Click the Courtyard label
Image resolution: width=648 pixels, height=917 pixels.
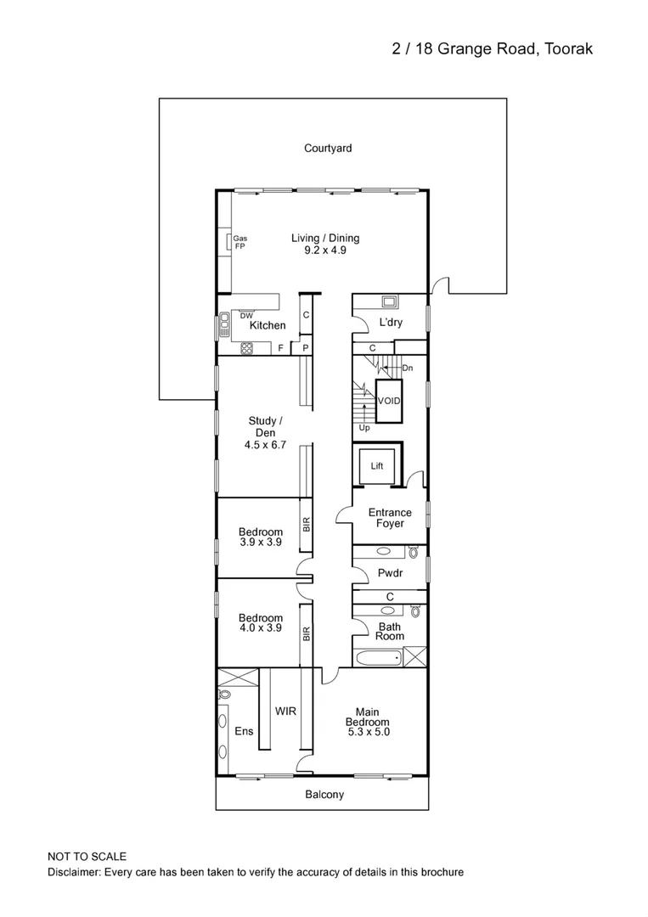328,149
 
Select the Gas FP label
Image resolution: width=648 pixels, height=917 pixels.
239,242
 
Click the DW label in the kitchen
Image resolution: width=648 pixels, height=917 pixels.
246,316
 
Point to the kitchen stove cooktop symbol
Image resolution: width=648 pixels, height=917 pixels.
246,346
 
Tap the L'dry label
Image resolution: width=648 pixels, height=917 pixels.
391,323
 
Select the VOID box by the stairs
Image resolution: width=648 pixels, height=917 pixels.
389,400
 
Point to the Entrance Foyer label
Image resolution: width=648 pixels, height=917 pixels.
390,518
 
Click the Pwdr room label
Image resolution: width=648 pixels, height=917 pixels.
390,574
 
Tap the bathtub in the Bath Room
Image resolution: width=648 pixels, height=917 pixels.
377,658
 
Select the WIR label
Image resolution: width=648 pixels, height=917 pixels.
285,712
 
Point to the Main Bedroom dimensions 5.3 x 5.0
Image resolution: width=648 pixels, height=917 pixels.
368,731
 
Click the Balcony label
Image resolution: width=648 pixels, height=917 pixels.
324,795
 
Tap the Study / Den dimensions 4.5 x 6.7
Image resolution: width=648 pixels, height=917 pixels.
261,443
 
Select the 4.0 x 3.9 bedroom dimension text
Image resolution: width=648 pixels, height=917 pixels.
261,628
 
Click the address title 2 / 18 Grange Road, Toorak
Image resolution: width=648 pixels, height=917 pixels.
492,49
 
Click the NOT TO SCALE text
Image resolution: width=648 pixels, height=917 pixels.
87,858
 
